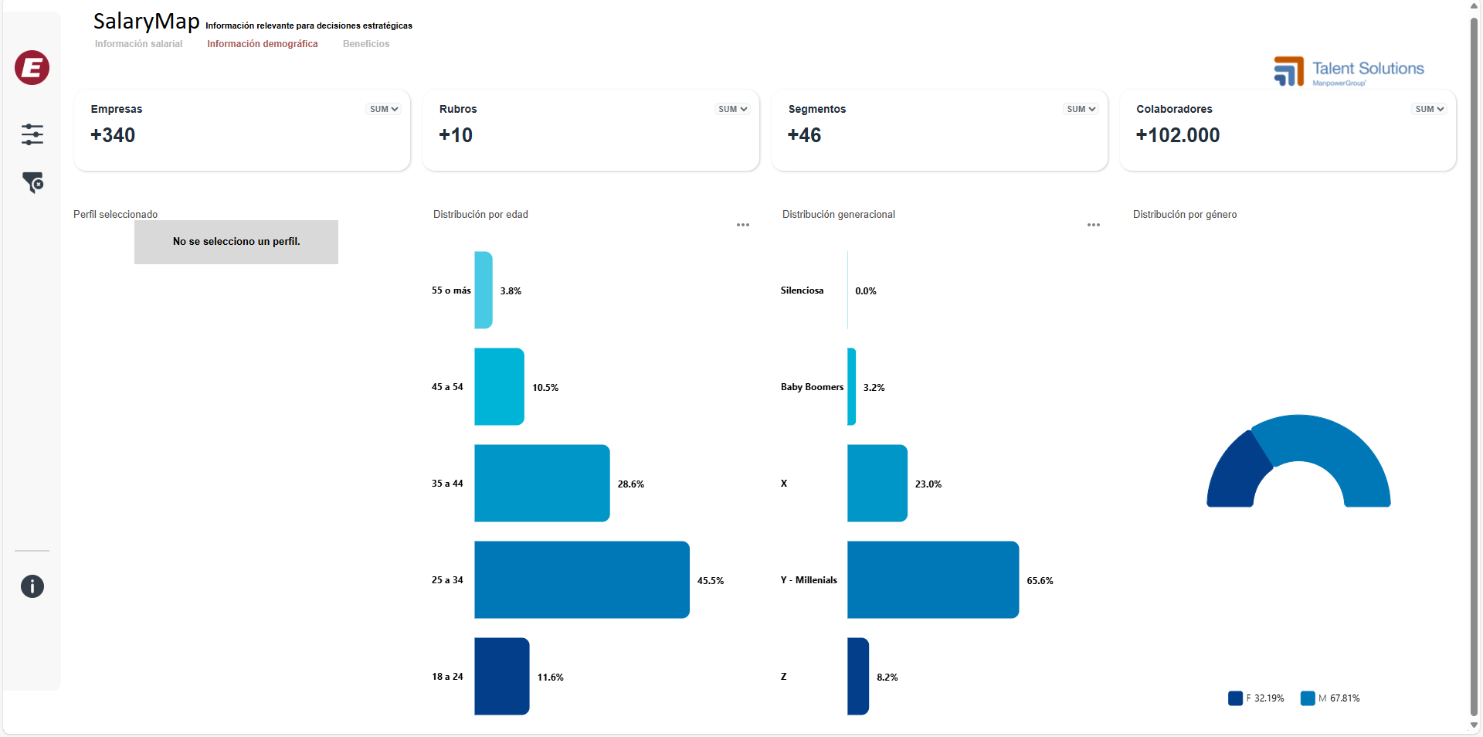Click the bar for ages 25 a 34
(x=582, y=579)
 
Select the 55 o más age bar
(x=484, y=290)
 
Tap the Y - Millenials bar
(x=932, y=579)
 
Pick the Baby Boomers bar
(x=852, y=386)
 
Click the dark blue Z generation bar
(x=858, y=676)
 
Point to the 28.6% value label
(x=630, y=484)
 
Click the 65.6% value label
(x=1040, y=581)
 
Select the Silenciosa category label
(x=802, y=290)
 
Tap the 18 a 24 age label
(x=447, y=677)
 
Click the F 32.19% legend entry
(x=1257, y=698)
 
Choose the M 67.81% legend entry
(x=1331, y=698)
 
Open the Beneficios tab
(x=366, y=44)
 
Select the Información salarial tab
(x=139, y=44)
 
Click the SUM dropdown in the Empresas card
(x=384, y=109)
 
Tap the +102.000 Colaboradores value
(x=1178, y=135)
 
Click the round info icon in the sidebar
(x=32, y=586)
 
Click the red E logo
(x=32, y=68)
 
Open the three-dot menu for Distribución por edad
(x=743, y=225)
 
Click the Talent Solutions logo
(x=1349, y=71)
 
